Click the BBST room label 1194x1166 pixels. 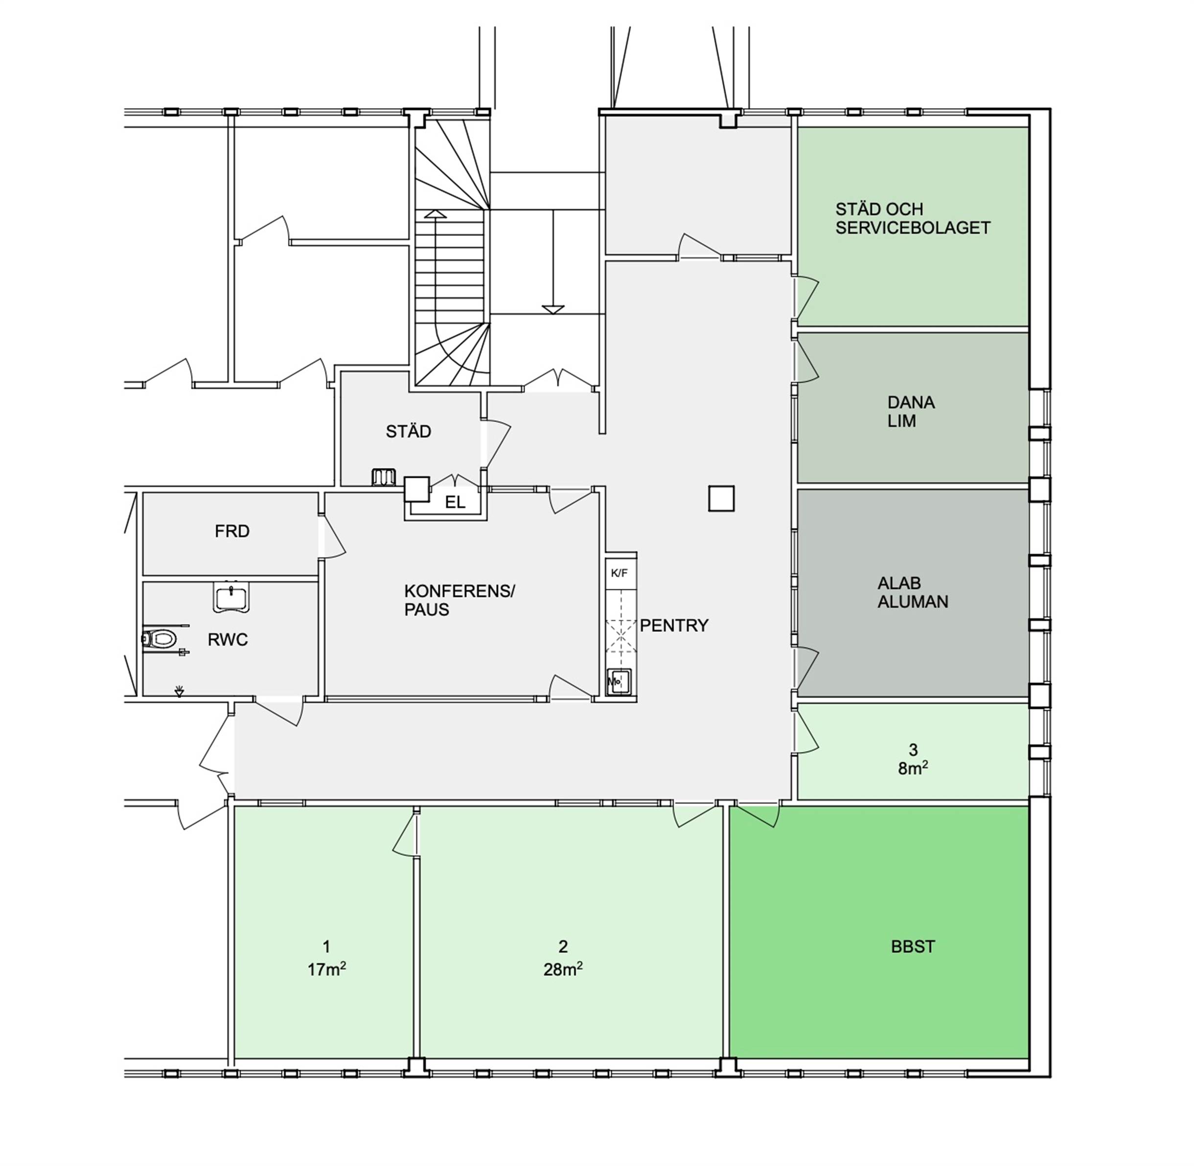(912, 947)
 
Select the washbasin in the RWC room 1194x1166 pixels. (231, 597)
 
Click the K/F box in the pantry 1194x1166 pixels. (620, 573)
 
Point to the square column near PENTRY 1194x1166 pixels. (721, 498)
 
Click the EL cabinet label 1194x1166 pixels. (455, 502)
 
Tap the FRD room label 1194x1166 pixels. (232, 531)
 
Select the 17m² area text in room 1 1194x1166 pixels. (326, 969)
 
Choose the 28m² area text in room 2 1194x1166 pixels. (563, 969)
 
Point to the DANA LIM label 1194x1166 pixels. (911, 412)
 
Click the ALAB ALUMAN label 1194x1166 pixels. (912, 592)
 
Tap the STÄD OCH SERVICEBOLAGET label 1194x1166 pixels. (912, 218)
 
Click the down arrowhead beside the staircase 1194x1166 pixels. (553, 310)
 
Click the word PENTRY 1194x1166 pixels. (674, 625)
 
